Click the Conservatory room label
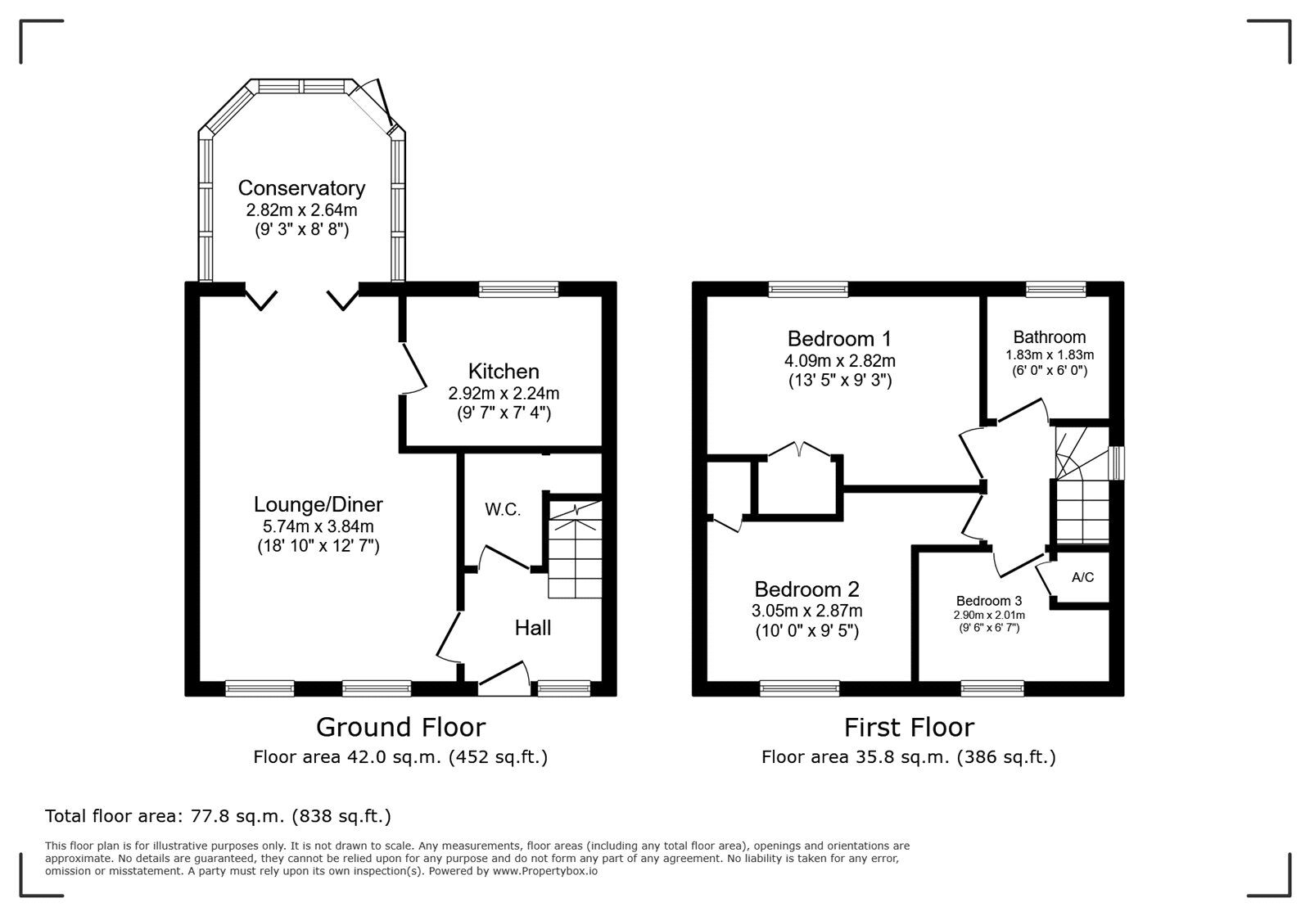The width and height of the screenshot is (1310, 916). pyautogui.click(x=301, y=188)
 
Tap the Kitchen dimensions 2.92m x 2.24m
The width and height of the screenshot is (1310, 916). pyautogui.click(x=504, y=393)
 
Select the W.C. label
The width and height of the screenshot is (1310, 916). pyautogui.click(x=503, y=509)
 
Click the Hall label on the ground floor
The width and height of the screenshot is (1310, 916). pyautogui.click(x=532, y=628)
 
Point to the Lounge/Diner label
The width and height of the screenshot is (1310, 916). pyautogui.click(x=318, y=505)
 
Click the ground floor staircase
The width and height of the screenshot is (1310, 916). pyautogui.click(x=575, y=548)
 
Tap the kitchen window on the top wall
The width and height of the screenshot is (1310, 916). pyautogui.click(x=518, y=288)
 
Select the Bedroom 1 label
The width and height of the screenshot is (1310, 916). pyautogui.click(x=839, y=339)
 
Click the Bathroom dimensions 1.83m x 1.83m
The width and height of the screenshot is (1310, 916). pyautogui.click(x=1050, y=355)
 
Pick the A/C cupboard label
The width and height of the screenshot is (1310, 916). pyautogui.click(x=1082, y=577)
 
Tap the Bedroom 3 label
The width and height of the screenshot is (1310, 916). pyautogui.click(x=989, y=601)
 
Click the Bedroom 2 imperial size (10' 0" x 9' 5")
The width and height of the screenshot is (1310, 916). pyautogui.click(x=806, y=631)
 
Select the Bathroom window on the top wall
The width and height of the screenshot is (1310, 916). pyautogui.click(x=1056, y=288)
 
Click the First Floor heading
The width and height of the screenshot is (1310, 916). pyautogui.click(x=909, y=727)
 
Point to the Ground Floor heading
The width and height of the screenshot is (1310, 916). pyautogui.click(x=400, y=727)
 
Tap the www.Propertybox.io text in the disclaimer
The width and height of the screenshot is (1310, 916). pyautogui.click(x=544, y=872)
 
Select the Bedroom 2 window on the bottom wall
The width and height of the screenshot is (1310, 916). pyautogui.click(x=799, y=688)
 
